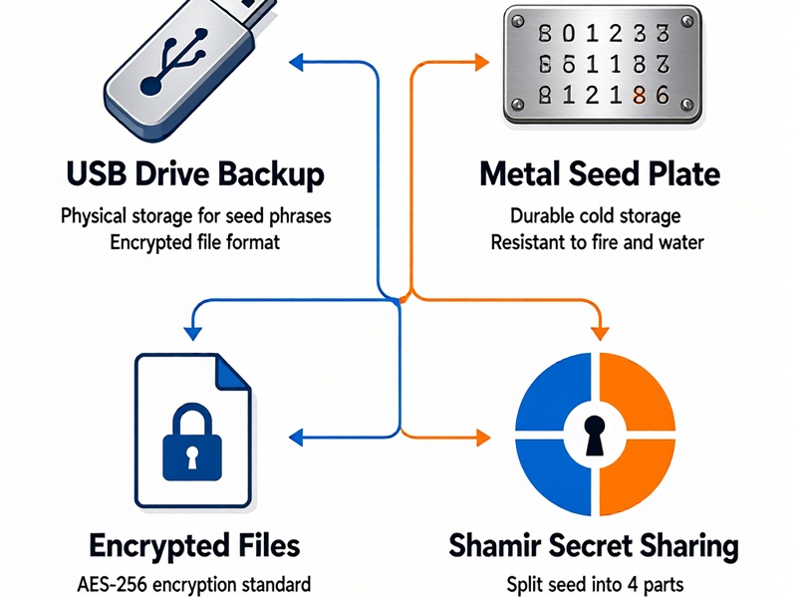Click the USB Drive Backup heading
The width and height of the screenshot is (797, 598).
click(x=195, y=175)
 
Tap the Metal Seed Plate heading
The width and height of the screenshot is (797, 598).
click(x=600, y=173)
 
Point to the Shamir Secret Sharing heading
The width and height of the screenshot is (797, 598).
click(x=594, y=546)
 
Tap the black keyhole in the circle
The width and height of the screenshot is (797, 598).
click(x=594, y=436)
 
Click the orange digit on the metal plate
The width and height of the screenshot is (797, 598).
click(x=640, y=95)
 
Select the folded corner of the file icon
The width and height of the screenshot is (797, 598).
click(x=233, y=373)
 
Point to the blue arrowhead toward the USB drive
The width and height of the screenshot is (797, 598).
click(x=296, y=62)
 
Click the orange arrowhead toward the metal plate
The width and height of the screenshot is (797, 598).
click(x=481, y=63)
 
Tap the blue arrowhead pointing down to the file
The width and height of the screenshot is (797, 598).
click(x=192, y=334)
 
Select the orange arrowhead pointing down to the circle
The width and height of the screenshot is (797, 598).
click(x=601, y=334)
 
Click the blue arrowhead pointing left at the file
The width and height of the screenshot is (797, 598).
click(x=296, y=438)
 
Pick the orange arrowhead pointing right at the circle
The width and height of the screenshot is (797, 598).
click(x=483, y=438)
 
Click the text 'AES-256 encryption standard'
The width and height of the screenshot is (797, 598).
click(x=193, y=584)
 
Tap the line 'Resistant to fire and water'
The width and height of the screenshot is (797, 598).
click(x=597, y=242)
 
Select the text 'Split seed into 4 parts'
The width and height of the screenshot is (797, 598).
click(x=595, y=585)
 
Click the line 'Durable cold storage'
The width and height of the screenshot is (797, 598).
click(x=595, y=216)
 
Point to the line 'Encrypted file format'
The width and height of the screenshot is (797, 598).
click(x=194, y=242)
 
